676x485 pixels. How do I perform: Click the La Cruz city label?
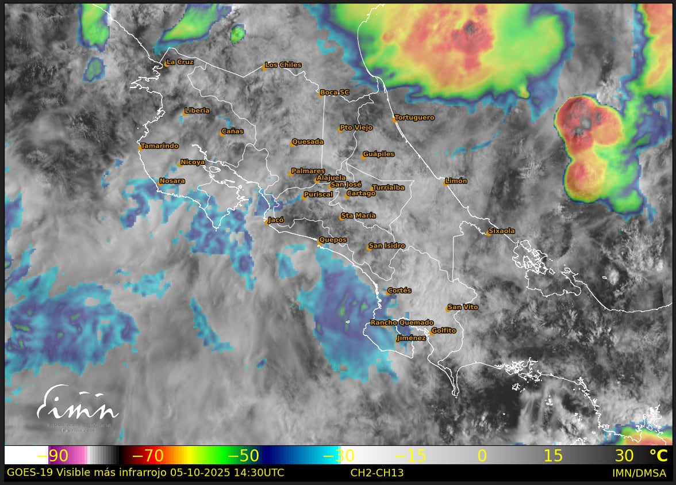pyautogui.click(x=179, y=62)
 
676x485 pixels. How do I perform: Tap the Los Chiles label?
pyautogui.click(x=283, y=65)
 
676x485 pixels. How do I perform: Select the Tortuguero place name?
pyautogui.click(x=414, y=118)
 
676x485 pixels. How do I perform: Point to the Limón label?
pyautogui.click(x=456, y=181)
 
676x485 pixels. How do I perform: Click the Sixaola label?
pyautogui.click(x=501, y=231)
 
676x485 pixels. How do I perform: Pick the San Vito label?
pyautogui.click(x=463, y=307)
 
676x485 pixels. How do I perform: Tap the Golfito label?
pyautogui.click(x=443, y=331)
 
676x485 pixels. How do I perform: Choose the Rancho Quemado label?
pyautogui.click(x=402, y=323)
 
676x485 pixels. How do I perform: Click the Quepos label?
pyautogui.click(x=333, y=240)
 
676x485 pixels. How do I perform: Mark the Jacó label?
pyautogui.click(x=276, y=220)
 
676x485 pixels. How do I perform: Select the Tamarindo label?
pyautogui.click(x=160, y=146)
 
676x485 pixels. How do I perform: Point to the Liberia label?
pyautogui.click(x=197, y=110)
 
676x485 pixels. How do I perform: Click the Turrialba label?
pyautogui.click(x=388, y=188)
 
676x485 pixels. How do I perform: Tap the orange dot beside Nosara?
pyautogui.click(x=160, y=183)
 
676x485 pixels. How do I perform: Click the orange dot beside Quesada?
pyautogui.click(x=293, y=144)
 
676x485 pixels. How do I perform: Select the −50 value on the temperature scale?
pyautogui.click(x=243, y=456)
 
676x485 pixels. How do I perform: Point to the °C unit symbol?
pyautogui.click(x=658, y=456)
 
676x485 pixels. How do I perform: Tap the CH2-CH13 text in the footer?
pyautogui.click(x=377, y=473)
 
